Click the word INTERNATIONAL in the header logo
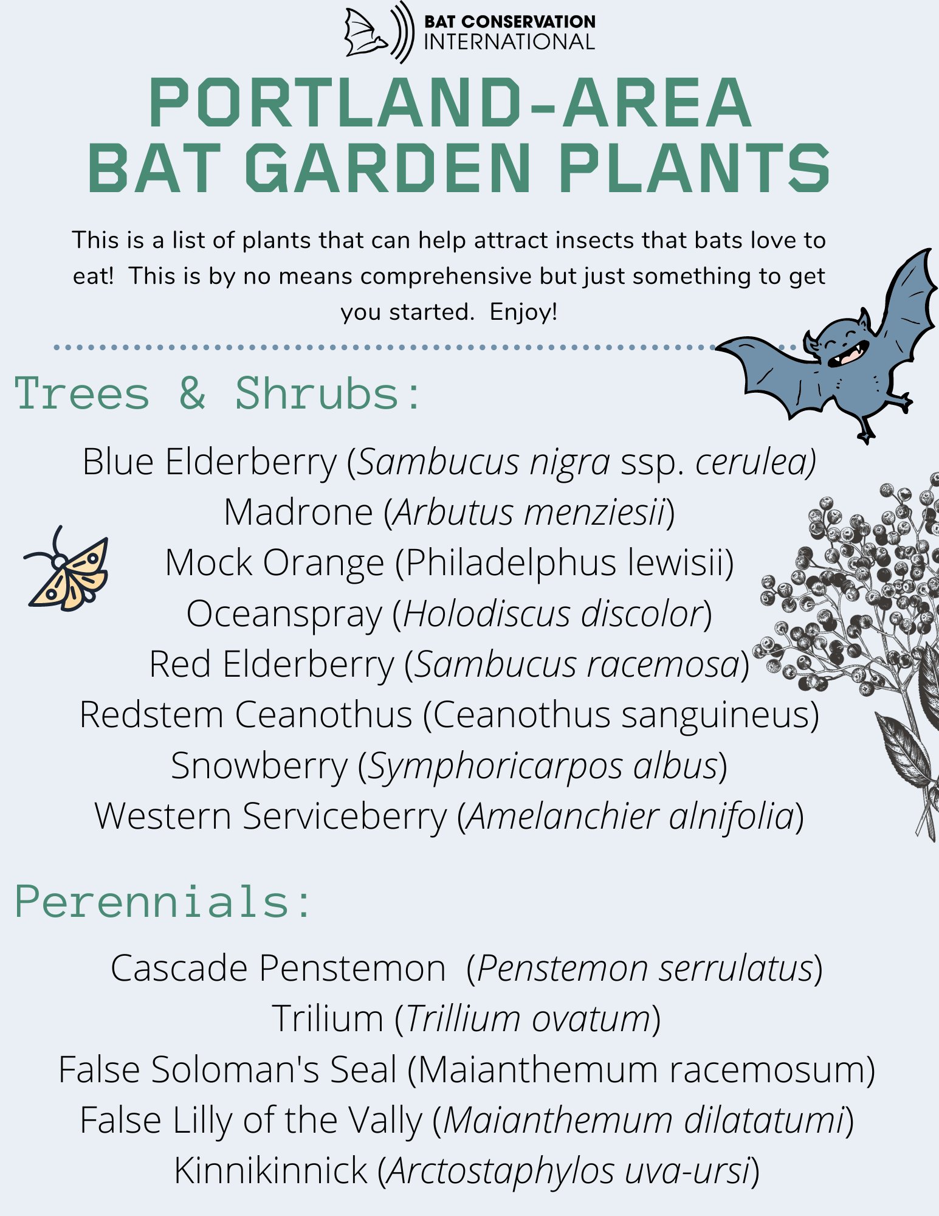[509, 43]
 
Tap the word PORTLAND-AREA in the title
[450, 103]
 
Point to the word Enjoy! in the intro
[523, 312]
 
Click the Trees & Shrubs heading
[217, 394]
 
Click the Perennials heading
[163, 901]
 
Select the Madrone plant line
[449, 512]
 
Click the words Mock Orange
[275, 562]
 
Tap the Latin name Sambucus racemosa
[577, 664]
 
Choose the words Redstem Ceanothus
[246, 714]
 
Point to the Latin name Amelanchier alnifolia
[631, 816]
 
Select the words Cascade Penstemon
[278, 968]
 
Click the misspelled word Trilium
[327, 1018]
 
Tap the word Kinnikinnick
[271, 1170]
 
